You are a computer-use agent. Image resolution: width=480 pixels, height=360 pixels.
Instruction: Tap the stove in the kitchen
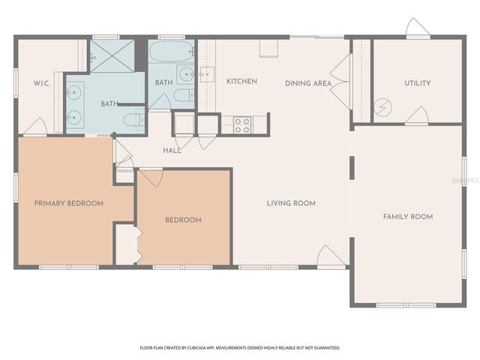tap(242, 125)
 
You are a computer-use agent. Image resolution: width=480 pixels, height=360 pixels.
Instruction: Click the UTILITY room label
tap(417, 83)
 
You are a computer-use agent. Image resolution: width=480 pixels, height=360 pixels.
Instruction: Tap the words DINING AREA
tap(307, 83)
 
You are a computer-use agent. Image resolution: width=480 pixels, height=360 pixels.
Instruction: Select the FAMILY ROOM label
tap(408, 217)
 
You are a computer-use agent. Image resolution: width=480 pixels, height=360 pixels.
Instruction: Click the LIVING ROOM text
tap(291, 203)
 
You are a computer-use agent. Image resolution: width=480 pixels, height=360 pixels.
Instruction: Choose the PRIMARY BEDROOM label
tap(68, 203)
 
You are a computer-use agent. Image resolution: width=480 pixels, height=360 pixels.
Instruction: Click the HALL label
tap(172, 151)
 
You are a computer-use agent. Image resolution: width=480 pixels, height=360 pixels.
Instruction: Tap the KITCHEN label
tap(241, 81)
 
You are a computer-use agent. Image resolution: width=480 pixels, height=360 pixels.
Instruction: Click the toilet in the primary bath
tap(133, 118)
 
